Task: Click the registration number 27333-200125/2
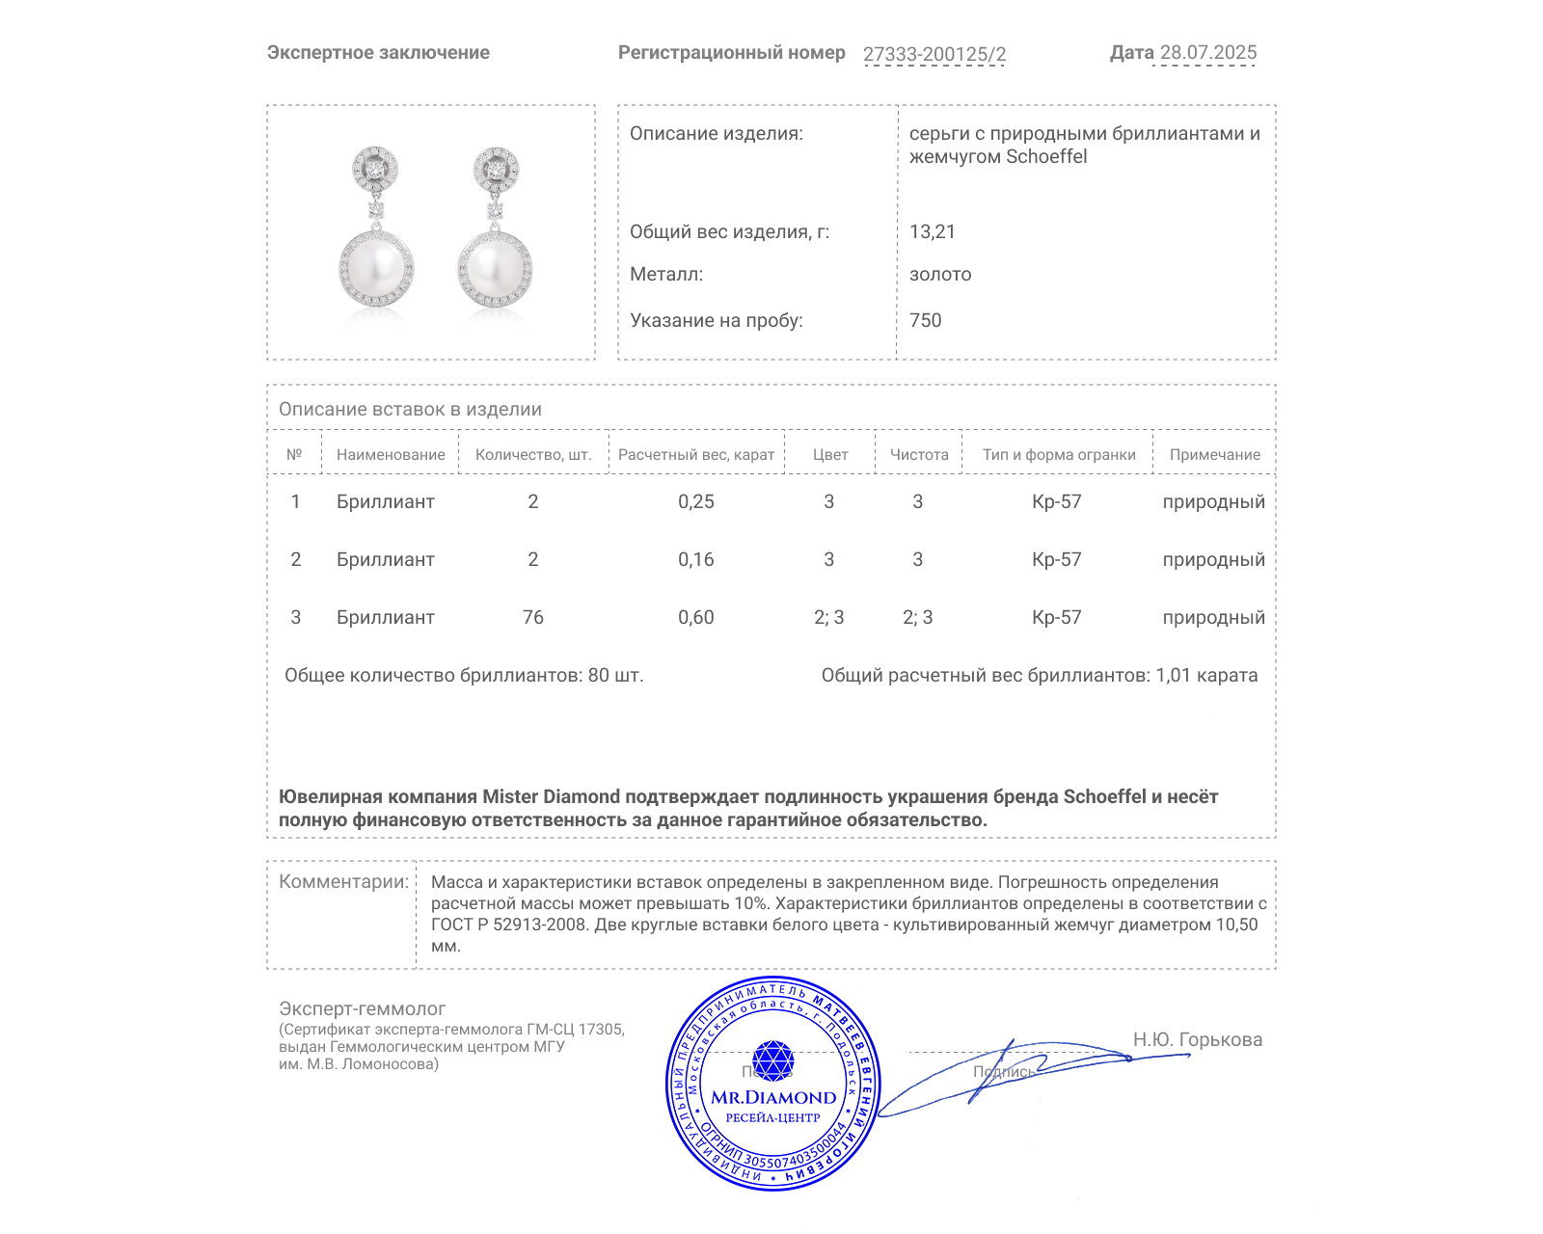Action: click(934, 54)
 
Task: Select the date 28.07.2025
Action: click(1207, 53)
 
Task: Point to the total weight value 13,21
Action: click(932, 232)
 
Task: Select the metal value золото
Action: click(939, 275)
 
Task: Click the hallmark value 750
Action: click(925, 321)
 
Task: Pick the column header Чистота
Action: click(918, 455)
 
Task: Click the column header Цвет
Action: click(829, 455)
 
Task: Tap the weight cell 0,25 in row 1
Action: click(695, 502)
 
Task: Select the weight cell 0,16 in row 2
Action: click(695, 560)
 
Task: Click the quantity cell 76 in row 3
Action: click(532, 618)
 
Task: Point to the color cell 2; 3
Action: click(828, 618)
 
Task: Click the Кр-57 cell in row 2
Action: click(1056, 560)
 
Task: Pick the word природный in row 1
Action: click(1213, 502)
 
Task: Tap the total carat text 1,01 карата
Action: click(1205, 676)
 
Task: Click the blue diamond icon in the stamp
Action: click(772, 1060)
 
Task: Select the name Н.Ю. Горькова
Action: click(1197, 1040)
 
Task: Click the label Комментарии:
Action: click(343, 882)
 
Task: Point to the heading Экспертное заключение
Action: click(378, 53)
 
